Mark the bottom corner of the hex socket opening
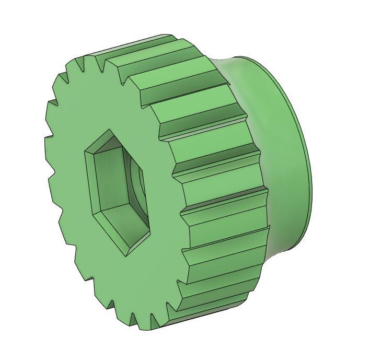click(127, 256)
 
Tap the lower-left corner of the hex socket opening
click(94, 214)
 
